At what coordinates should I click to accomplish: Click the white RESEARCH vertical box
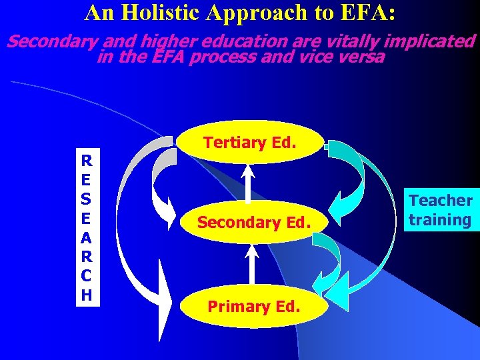(87, 227)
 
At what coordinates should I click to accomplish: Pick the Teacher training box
(441, 210)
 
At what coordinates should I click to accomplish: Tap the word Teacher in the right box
(441, 200)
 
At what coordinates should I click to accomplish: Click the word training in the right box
(441, 220)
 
